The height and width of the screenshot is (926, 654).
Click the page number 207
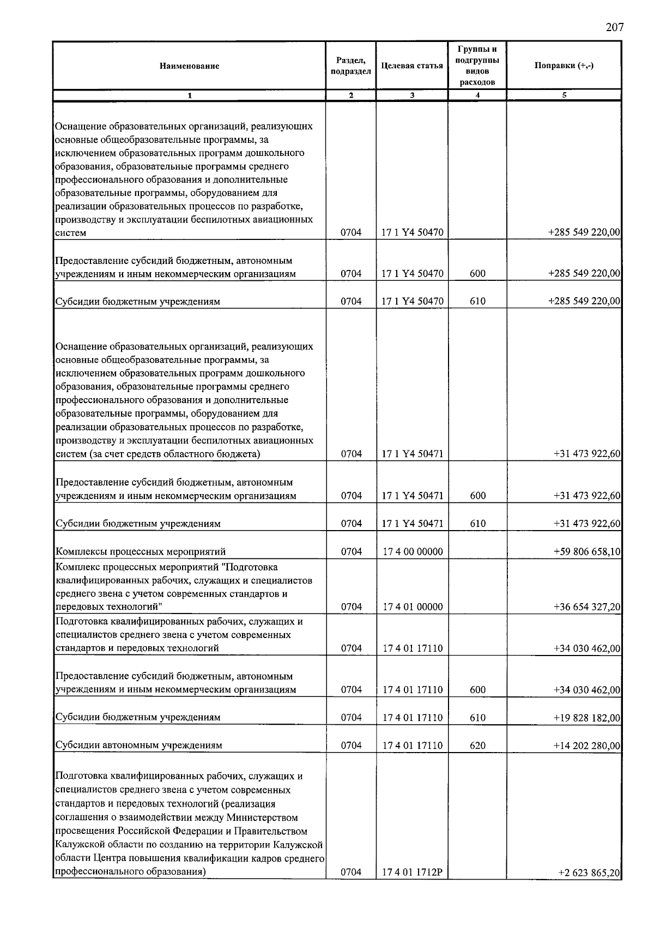point(614,28)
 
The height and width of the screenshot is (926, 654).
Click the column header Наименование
point(189,66)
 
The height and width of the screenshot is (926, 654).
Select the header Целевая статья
point(411,66)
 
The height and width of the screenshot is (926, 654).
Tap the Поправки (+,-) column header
point(564,65)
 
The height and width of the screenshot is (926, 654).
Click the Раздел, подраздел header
point(350,66)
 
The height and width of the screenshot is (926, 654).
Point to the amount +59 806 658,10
point(586,552)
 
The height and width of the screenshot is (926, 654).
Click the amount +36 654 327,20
point(586,607)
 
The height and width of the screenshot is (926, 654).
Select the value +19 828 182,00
point(586,718)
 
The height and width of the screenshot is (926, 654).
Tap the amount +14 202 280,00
point(586,745)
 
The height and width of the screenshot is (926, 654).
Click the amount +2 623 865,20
point(589,873)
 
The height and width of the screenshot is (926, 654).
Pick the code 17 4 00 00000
point(412,552)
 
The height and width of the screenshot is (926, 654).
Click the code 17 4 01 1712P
point(412,873)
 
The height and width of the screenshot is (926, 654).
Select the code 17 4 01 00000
point(412,607)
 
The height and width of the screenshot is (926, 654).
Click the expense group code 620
point(477,745)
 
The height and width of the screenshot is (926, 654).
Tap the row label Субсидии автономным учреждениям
point(139,745)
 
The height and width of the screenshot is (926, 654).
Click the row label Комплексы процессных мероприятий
point(141,552)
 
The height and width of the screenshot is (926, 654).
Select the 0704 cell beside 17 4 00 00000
point(351,552)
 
